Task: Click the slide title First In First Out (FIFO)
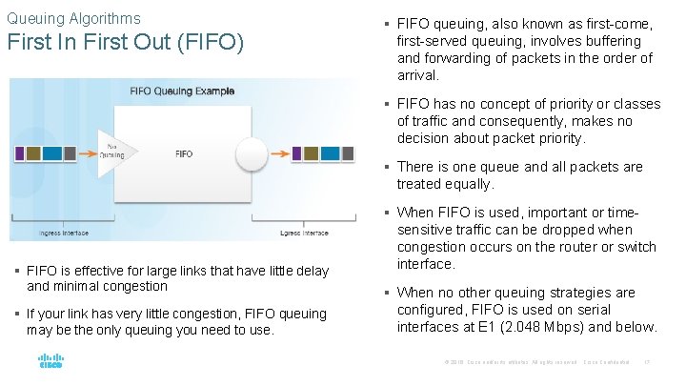click(x=126, y=44)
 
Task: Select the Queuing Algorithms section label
click(x=73, y=18)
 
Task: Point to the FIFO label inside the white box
click(x=184, y=153)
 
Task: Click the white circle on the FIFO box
click(x=252, y=152)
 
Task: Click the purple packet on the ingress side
click(x=20, y=152)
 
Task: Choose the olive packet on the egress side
click(x=313, y=152)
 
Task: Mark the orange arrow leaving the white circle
click(x=279, y=152)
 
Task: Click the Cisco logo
click(x=50, y=361)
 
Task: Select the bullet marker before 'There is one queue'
click(x=390, y=168)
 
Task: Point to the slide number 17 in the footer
click(x=647, y=363)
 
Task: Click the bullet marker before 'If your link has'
click(x=20, y=315)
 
